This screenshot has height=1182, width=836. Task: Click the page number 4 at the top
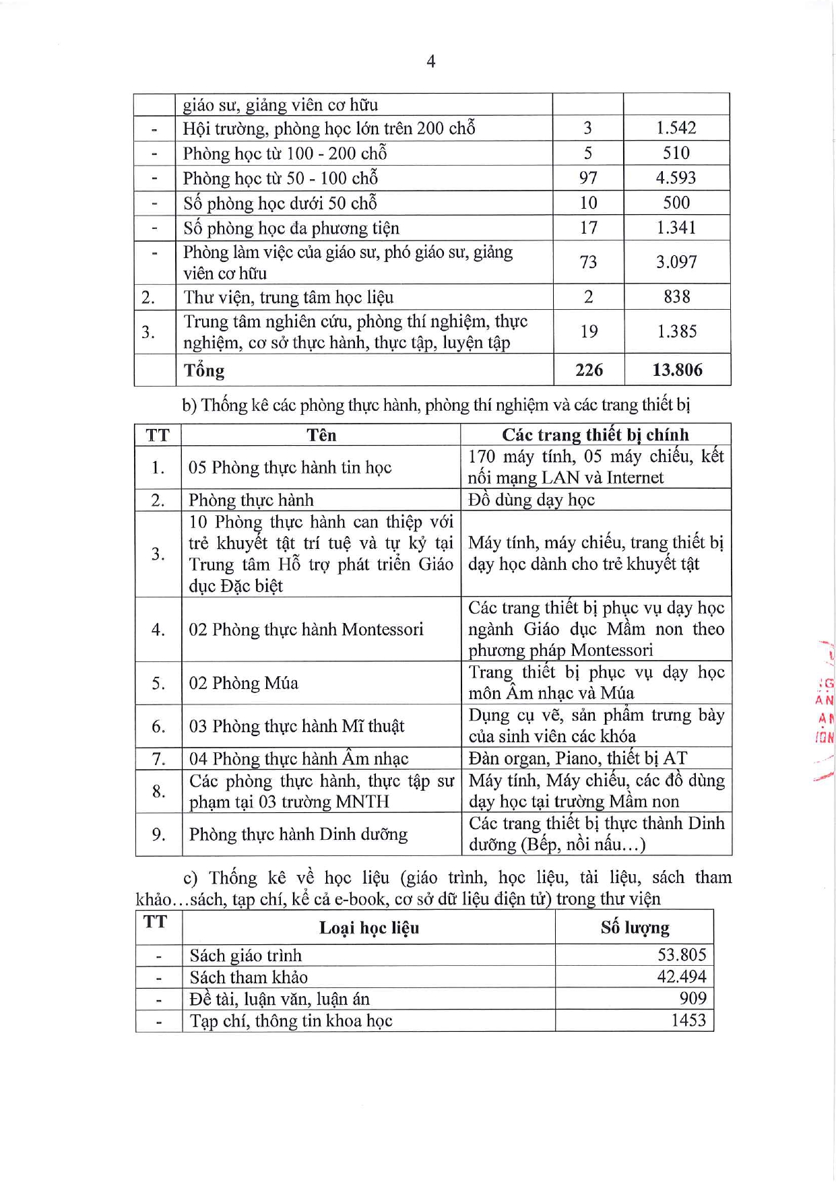click(431, 62)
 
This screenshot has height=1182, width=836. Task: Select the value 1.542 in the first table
click(676, 128)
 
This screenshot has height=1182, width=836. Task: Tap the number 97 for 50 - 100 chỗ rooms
click(588, 178)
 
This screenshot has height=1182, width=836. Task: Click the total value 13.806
click(677, 370)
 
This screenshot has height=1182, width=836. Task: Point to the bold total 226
click(589, 370)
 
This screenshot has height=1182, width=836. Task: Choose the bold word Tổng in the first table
click(204, 370)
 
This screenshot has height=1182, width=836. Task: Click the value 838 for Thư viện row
click(676, 297)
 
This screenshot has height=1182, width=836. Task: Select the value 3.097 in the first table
click(676, 262)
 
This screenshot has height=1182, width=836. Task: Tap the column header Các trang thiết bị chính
click(596, 435)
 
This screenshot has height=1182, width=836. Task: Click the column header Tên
click(321, 435)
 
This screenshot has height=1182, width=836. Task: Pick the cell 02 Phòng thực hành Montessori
click(306, 630)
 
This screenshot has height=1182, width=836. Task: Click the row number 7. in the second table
click(158, 759)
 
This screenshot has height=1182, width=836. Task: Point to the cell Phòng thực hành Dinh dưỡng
click(298, 834)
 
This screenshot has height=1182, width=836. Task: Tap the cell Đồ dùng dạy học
click(532, 500)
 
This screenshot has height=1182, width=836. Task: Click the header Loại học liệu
click(369, 928)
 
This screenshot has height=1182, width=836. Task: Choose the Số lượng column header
click(635, 928)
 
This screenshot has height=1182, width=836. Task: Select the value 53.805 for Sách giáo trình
click(682, 955)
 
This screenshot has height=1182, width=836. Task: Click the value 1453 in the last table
click(688, 1020)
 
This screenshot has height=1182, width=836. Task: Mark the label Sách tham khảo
click(249, 977)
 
